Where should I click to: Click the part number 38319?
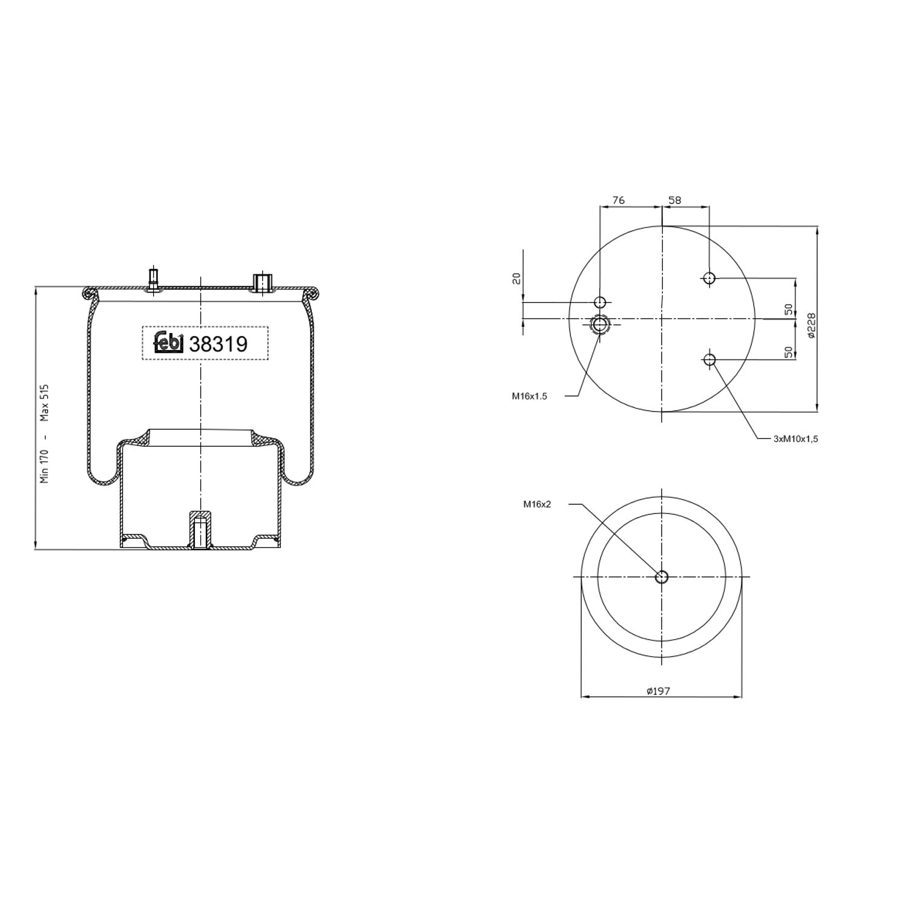click(219, 344)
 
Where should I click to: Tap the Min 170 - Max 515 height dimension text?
click(44, 433)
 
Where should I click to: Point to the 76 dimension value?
click(618, 200)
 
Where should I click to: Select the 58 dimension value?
click(674, 200)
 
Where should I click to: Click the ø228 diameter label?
click(811, 327)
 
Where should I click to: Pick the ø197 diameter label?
click(658, 691)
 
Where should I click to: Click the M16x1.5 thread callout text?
click(529, 396)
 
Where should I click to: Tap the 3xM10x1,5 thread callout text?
click(795, 439)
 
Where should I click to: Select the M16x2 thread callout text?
click(537, 504)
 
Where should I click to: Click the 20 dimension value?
click(516, 278)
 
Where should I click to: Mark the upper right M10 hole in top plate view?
click(709, 278)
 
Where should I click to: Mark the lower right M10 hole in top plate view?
click(709, 360)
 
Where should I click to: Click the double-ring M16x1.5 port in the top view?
click(600, 324)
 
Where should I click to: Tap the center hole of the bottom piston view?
click(662, 577)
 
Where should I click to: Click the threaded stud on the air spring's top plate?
click(154, 280)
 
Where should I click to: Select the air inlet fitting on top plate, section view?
click(262, 283)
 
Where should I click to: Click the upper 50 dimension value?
click(788, 309)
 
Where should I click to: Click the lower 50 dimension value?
click(788, 352)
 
